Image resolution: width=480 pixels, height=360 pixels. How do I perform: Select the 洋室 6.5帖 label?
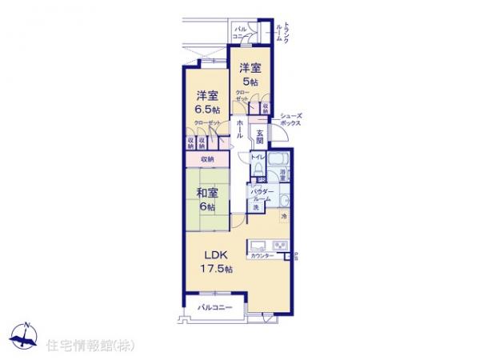[x=208, y=103]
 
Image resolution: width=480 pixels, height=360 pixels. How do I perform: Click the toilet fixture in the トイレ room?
[x=258, y=169]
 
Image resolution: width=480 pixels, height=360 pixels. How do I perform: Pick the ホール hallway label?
[x=241, y=130]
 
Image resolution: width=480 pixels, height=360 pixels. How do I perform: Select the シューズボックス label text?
[x=290, y=121]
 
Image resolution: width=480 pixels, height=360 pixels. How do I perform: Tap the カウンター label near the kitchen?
[x=262, y=255]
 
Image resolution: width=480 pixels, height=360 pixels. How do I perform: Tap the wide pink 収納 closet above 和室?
[x=207, y=159]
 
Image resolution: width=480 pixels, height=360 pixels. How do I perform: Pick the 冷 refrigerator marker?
[x=283, y=215]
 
